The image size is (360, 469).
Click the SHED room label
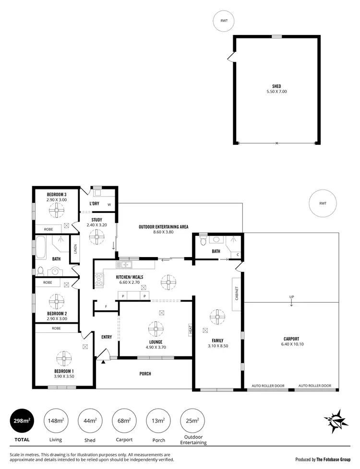coord(276,86)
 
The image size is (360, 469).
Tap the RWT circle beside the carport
coord(322,203)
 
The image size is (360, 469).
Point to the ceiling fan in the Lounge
coord(156,329)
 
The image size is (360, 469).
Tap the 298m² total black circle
coord(22,421)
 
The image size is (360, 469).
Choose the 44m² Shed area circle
coord(90,421)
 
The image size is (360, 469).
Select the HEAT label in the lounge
coord(191,329)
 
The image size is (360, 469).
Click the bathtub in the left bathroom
coord(40,247)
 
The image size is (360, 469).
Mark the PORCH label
coord(145,374)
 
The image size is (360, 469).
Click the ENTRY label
coord(107,337)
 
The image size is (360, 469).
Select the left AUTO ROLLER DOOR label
coord(268,386)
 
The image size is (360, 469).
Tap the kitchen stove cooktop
coord(99,280)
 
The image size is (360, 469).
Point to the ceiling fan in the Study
coord(97,236)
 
